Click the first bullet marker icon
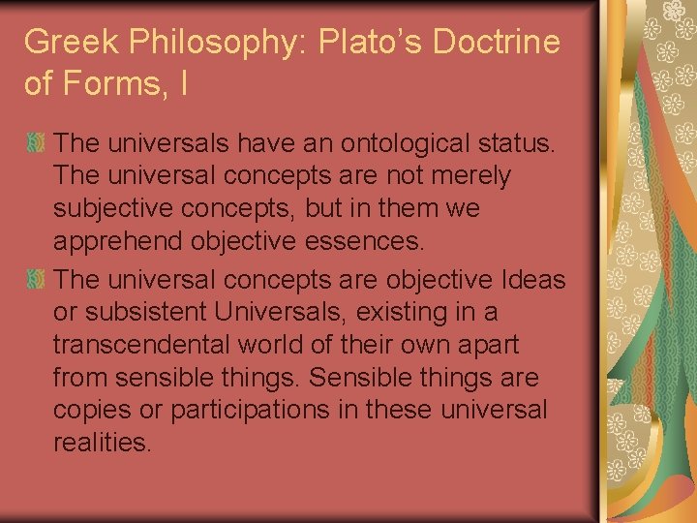click(36, 144)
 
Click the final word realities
click(103, 444)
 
